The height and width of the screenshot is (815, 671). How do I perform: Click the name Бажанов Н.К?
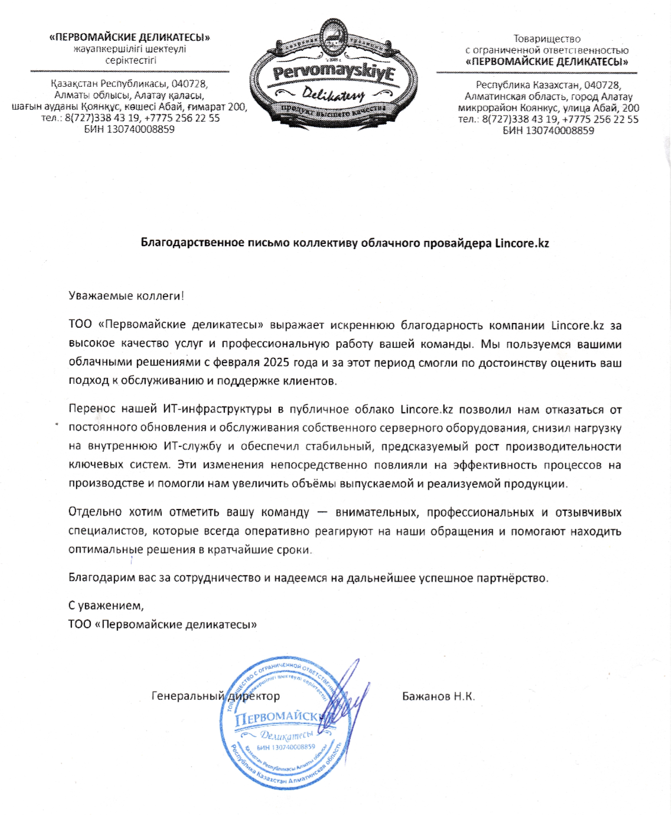point(438,696)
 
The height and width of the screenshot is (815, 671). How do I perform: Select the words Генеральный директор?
point(216,696)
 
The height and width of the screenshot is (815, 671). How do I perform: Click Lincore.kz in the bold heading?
point(522,243)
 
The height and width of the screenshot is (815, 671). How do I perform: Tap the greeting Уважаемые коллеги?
point(126,296)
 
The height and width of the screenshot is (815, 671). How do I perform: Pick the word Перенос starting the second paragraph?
point(92,409)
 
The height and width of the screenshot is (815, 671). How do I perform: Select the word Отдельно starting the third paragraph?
point(95,512)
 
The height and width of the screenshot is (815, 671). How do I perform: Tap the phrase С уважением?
point(106,605)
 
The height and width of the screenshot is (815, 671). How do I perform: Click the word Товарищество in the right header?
point(547,39)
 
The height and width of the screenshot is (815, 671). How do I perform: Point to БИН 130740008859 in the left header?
point(129,129)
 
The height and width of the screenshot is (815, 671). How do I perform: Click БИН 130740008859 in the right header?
point(548,131)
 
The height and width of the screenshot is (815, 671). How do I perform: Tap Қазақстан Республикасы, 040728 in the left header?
point(129,84)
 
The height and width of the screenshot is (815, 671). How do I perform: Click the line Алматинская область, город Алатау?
point(548,96)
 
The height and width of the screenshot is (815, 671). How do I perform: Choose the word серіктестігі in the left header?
point(131,60)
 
